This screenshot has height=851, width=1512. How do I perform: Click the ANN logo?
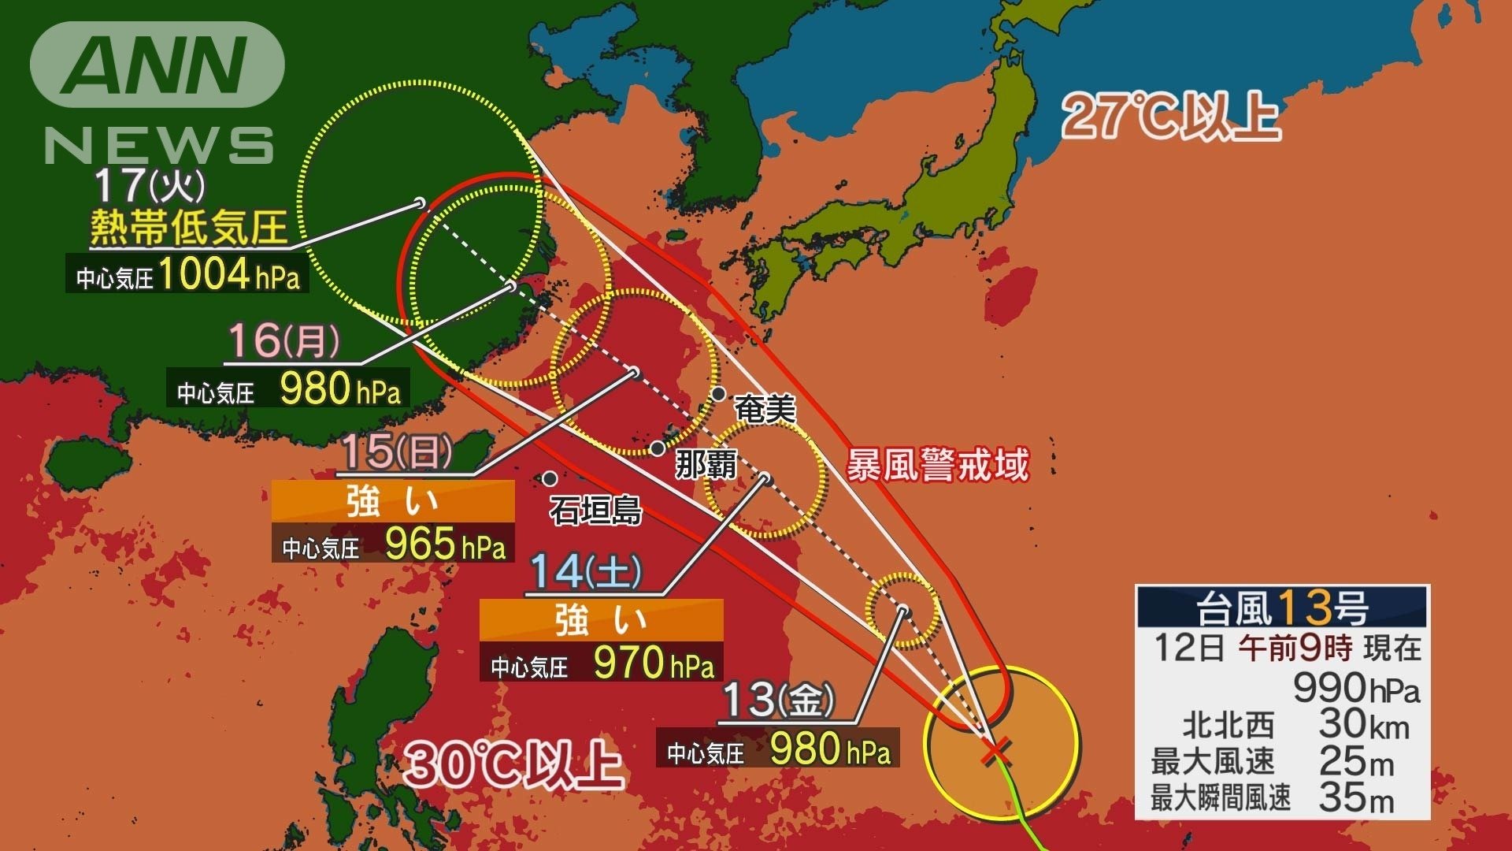click(157, 65)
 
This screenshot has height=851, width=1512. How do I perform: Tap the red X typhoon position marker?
click(996, 753)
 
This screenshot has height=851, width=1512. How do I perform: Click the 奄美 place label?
click(765, 409)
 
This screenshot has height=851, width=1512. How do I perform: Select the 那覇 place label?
click(706, 464)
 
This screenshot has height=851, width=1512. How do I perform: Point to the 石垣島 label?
click(595, 511)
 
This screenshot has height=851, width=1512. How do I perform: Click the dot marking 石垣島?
click(550, 478)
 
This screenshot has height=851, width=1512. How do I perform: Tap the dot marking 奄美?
click(718, 393)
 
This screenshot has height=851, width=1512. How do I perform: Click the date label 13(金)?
click(777, 699)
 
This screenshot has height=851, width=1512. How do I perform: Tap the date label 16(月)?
click(283, 341)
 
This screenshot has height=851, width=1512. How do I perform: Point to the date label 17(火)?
click(150, 186)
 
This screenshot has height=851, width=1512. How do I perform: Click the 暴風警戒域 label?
click(937, 466)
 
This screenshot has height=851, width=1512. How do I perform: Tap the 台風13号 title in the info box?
click(1282, 607)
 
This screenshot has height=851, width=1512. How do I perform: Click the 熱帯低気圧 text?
click(188, 228)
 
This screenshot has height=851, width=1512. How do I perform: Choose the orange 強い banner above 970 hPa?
click(601, 619)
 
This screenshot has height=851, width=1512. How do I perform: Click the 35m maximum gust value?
click(1356, 797)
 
